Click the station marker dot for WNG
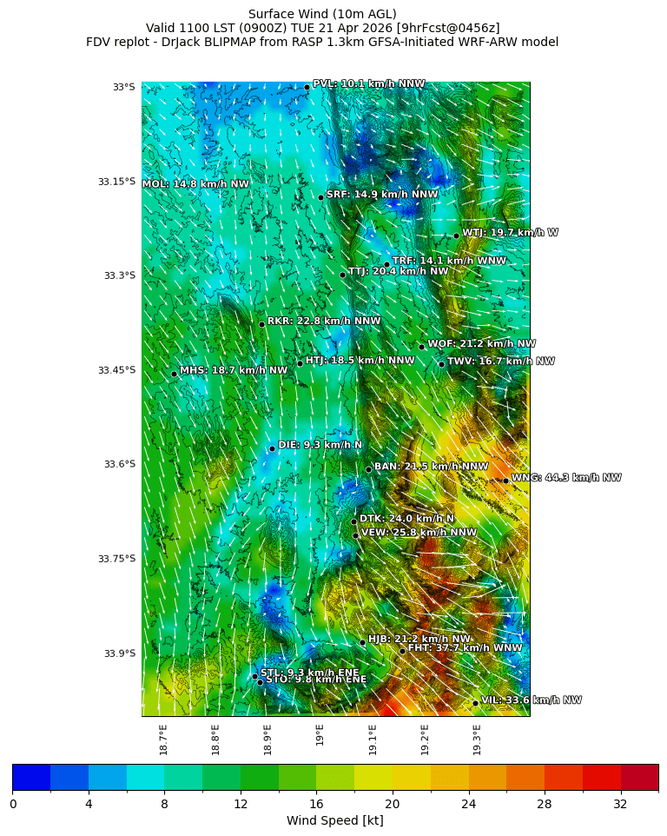(505, 481)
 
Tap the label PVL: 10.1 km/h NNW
(368, 84)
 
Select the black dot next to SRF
(320, 197)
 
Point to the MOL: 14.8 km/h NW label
(195, 184)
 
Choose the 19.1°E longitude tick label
(373, 740)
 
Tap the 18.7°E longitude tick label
(163, 740)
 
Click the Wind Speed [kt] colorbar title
(334, 821)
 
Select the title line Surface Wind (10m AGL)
(322, 14)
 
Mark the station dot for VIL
(476, 703)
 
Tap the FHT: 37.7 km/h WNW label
(465, 648)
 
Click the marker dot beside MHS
(174, 374)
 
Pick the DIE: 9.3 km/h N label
(320, 445)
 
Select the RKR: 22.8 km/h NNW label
(324, 321)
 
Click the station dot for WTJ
(456, 236)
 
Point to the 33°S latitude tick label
(123, 87)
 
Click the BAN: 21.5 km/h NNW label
(431, 467)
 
